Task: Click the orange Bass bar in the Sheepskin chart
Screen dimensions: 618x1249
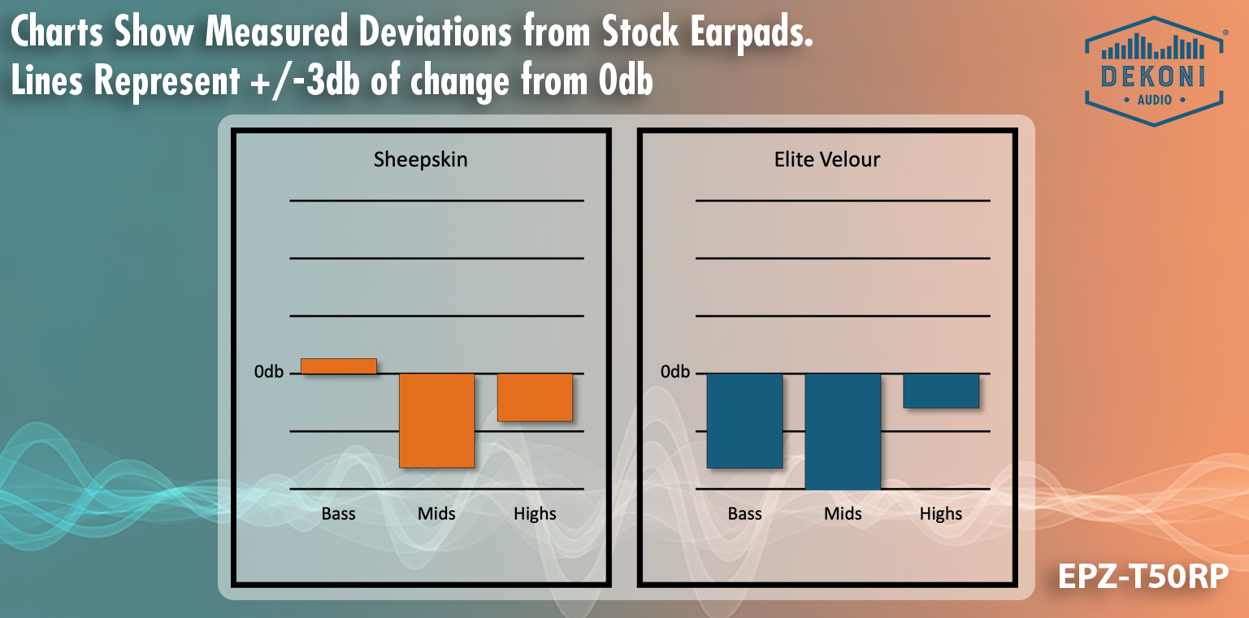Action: (339, 366)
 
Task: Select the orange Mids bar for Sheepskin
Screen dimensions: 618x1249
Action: (436, 420)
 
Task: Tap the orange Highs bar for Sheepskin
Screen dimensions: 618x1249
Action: (535, 397)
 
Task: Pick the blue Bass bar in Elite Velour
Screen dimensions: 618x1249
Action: (744, 420)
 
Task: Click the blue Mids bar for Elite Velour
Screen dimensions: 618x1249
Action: (843, 430)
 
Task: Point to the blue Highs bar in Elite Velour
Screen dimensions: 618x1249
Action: (941, 391)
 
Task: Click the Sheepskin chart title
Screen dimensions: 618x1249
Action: (420, 159)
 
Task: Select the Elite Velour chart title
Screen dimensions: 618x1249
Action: (827, 159)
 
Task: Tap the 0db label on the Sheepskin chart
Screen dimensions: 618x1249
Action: (269, 372)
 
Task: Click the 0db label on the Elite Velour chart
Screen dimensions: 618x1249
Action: (675, 372)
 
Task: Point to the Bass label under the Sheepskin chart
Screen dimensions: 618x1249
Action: (338, 513)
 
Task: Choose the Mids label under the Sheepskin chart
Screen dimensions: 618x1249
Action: (436, 513)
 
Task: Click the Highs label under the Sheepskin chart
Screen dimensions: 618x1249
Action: (535, 513)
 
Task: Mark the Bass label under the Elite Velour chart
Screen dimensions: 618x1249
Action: (744, 513)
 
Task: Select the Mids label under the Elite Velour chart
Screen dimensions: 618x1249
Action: (843, 513)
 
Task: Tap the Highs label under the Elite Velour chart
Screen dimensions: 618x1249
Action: (941, 513)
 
